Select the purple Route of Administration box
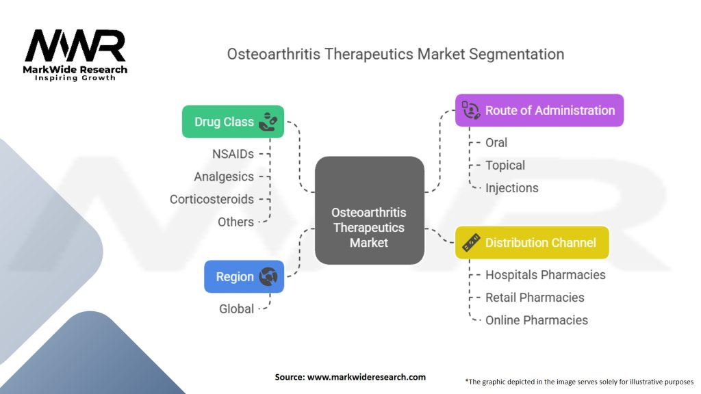coord(539,110)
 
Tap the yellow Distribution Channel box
coord(532,242)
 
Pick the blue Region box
coord(244,276)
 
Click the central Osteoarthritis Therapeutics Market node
coord(369,211)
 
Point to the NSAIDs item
coord(233,154)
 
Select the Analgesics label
coord(224,176)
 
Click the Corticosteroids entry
coord(212,199)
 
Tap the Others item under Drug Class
coord(235,222)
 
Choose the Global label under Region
coord(236,308)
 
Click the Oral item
coord(496,142)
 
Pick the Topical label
coord(505,165)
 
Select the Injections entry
coord(512,187)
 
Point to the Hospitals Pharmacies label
coord(545,274)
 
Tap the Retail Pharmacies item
coord(535,297)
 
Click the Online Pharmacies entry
coord(537,319)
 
